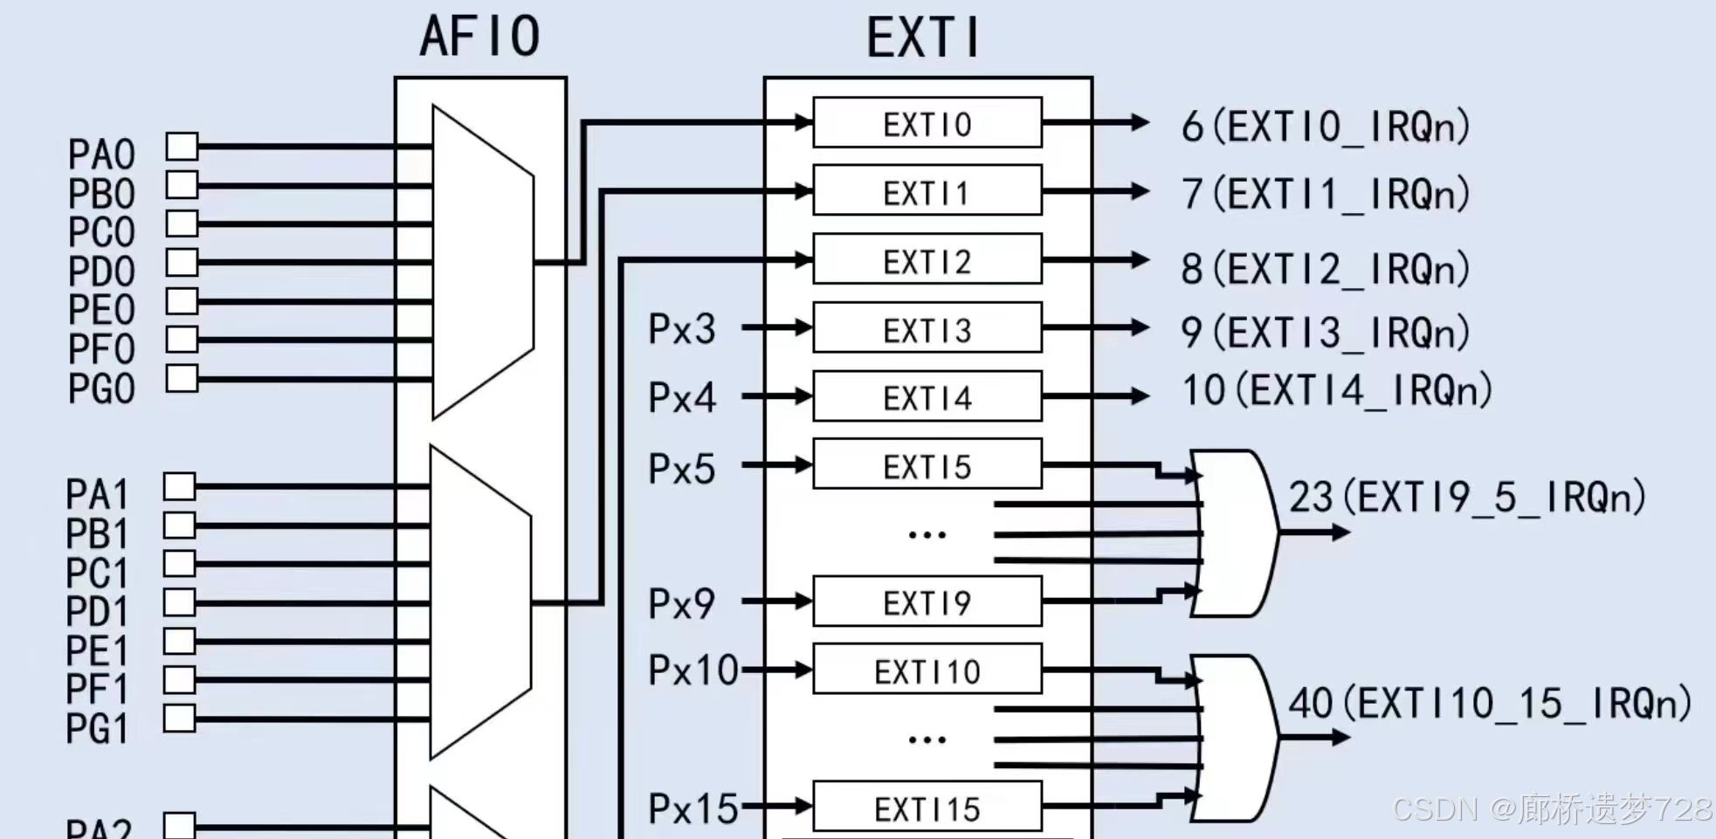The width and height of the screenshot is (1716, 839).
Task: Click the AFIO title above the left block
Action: tap(479, 37)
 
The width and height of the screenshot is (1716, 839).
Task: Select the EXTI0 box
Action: tap(927, 123)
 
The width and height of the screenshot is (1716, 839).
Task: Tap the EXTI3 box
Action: tap(927, 329)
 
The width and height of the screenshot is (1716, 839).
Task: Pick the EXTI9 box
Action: tap(927, 602)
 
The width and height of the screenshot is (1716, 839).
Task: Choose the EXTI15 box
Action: tap(927, 808)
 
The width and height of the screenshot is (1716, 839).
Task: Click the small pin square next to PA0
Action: tap(182, 146)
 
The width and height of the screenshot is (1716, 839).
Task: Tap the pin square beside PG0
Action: tap(182, 379)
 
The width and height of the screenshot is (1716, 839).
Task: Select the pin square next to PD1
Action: tap(179, 602)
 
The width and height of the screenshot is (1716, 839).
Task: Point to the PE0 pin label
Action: tap(101, 310)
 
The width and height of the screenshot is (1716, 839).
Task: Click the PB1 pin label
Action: tap(97, 533)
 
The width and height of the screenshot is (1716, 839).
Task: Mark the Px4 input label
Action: tap(681, 398)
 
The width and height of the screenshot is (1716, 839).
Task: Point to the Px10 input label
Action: tap(693, 671)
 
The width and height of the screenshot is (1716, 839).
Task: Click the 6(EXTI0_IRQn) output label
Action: tap(1325, 127)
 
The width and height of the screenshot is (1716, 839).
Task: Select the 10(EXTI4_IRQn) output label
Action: tap(1336, 389)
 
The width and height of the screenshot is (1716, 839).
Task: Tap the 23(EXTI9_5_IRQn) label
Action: tap(1467, 497)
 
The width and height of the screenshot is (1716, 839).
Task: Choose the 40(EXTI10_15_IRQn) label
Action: tap(1490, 703)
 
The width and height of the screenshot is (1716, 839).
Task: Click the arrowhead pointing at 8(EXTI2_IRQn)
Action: tap(1139, 260)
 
